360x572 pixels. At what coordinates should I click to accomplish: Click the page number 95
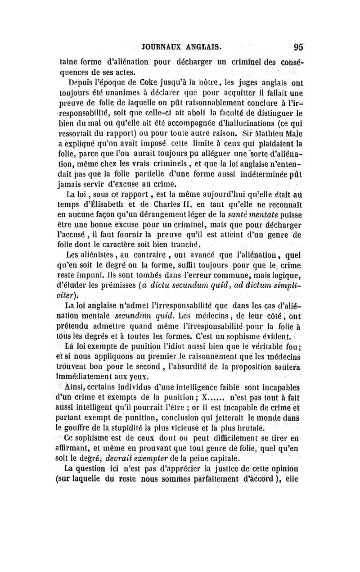click(x=298, y=47)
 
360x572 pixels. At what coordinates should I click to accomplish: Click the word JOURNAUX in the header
click(x=162, y=47)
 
